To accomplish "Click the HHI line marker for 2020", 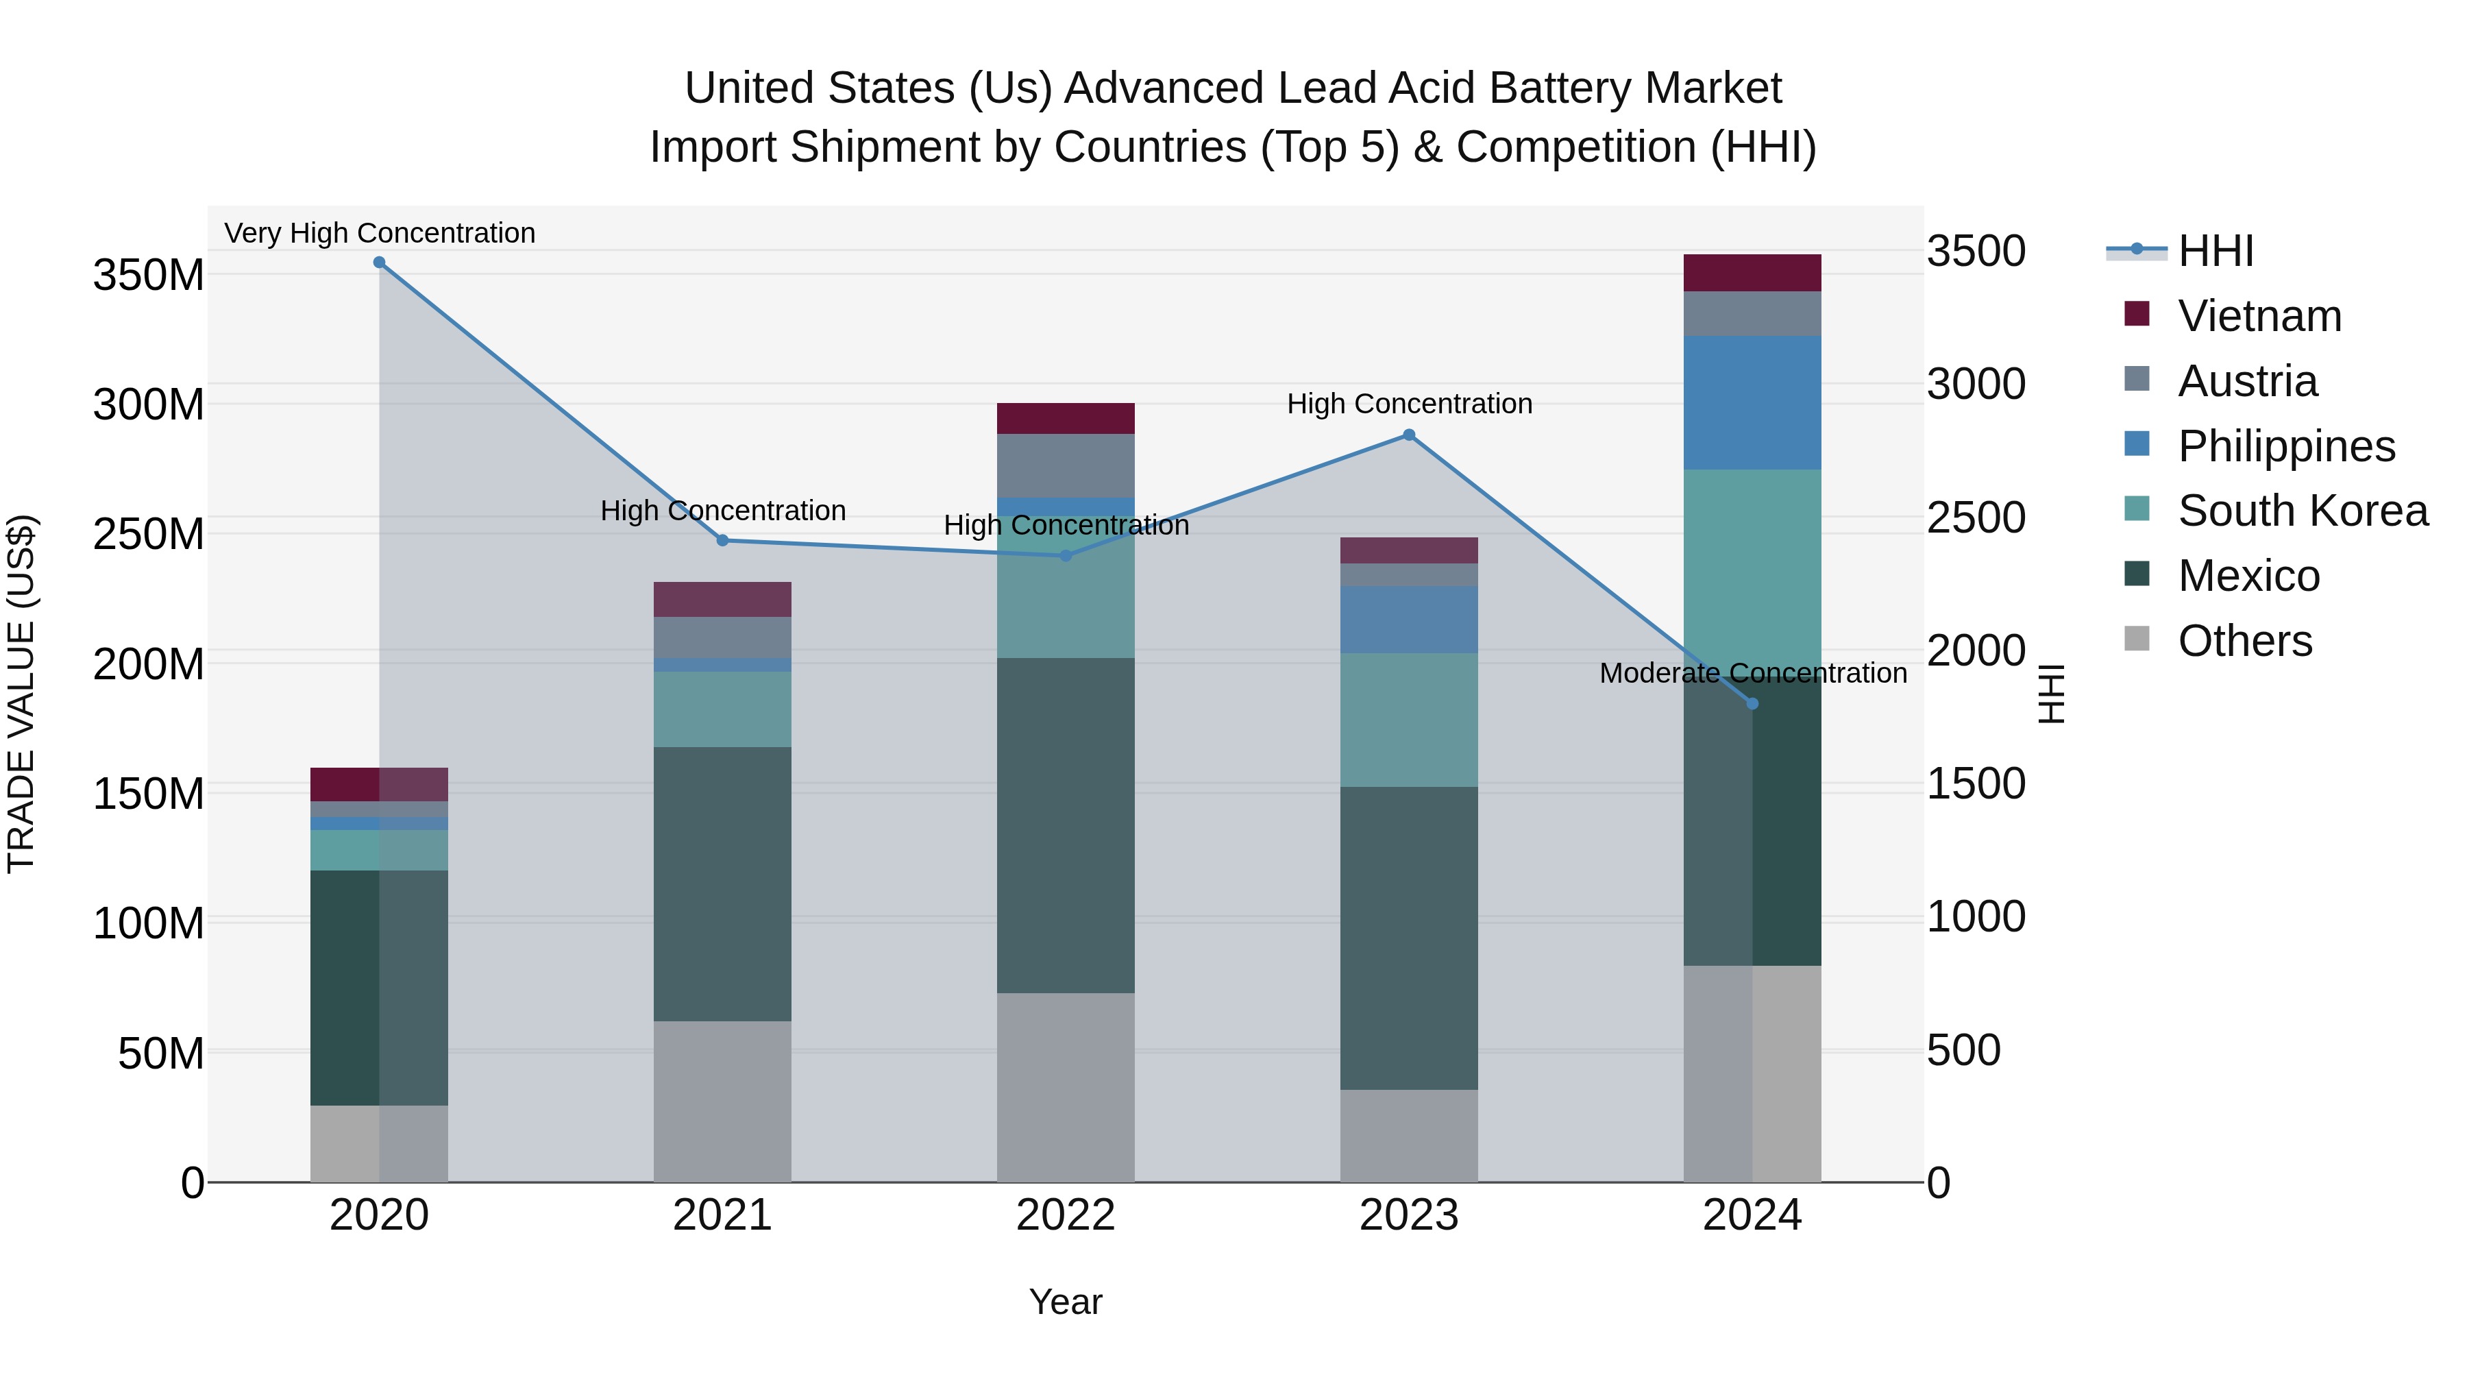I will tap(379, 263).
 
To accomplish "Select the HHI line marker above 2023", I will tap(1409, 435).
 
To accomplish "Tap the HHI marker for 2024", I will tap(1752, 704).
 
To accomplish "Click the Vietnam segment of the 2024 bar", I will tap(1752, 273).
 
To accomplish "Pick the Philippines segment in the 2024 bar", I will tap(1752, 402).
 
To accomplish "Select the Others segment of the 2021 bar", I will tap(722, 1101).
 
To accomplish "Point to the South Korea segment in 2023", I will tap(1409, 720).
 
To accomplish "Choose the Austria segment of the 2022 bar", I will tap(1066, 465).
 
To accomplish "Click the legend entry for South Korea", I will tap(2303, 511).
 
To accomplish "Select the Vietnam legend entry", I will tap(2259, 316).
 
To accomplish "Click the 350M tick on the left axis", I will tap(149, 276).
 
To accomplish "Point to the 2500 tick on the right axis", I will tap(1976, 518).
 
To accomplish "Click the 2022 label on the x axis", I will tap(1066, 1215).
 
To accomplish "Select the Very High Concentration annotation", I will tap(379, 233).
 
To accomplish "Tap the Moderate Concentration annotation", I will tap(1752, 673).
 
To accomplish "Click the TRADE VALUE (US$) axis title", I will tap(21, 694).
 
